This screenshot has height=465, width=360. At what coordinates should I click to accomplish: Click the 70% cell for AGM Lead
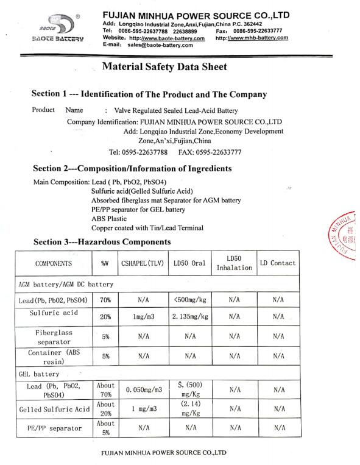[x=104, y=300]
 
